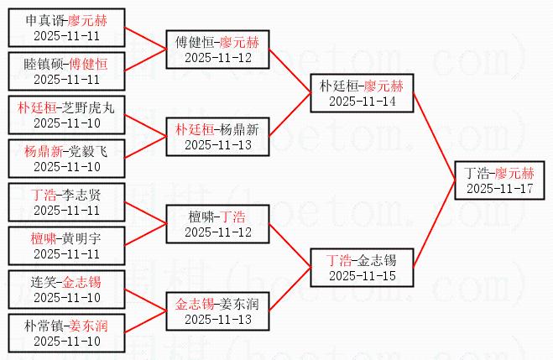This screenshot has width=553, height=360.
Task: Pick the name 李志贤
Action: coord(82,194)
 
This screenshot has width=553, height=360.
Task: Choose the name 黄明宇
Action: coord(82,237)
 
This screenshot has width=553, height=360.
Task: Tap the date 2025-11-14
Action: coord(362,101)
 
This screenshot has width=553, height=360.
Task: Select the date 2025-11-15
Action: coord(362,275)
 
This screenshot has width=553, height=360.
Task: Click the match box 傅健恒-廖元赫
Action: coord(217,49)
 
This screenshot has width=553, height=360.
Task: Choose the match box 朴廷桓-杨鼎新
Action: coord(217,136)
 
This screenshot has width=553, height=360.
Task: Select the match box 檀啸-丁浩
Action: coord(217,223)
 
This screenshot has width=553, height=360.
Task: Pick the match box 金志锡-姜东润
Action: coord(217,310)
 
